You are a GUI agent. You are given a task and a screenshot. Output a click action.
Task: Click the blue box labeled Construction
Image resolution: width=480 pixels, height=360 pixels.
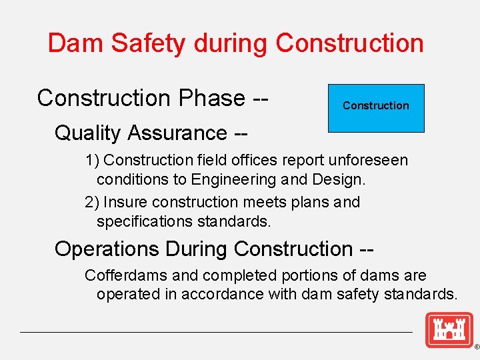pos(376,108)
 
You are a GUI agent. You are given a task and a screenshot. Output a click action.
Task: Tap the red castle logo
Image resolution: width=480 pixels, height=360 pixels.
pos(449,329)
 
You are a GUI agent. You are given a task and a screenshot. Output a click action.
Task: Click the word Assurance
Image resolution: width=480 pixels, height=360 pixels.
pos(185,133)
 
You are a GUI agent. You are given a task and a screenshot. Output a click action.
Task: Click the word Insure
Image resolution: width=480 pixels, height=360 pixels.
pos(123,202)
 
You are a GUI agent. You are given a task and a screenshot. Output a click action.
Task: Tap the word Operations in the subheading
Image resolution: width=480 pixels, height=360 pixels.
pos(107,249)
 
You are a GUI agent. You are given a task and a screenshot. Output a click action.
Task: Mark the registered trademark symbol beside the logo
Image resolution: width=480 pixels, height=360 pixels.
pos(476,347)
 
